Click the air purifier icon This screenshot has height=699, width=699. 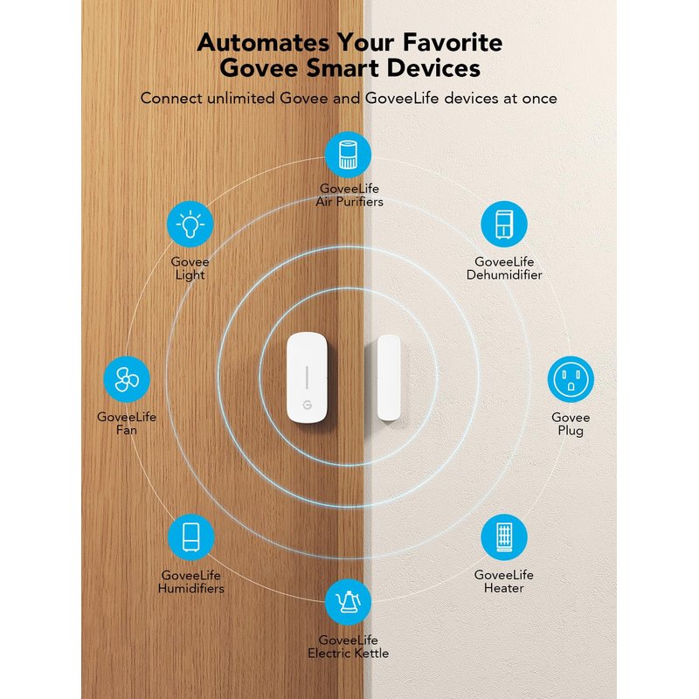pos(348,155)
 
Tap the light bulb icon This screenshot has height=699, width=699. pos(190,224)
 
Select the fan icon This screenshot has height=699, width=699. pos(127,379)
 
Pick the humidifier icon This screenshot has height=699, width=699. pos(190,536)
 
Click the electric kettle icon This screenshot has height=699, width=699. pos(348,602)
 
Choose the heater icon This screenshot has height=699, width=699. pos(504,536)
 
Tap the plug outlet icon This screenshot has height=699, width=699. pos(571,379)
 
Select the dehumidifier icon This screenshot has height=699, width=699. pos(504,224)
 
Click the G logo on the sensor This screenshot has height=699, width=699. pos(308,405)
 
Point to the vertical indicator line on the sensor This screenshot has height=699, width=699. pos(308,377)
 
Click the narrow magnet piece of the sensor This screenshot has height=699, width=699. pos(389,377)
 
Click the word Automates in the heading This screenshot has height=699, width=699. pos(264,43)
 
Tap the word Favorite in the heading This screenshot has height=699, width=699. pos(453,43)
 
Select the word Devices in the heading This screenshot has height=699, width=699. pos(433,68)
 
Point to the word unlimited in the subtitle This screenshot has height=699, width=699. pos(241,98)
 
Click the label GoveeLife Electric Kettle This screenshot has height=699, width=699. pos(348,647)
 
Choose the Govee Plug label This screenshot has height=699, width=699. pos(571,424)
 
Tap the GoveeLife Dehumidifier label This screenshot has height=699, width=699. pos(504,268)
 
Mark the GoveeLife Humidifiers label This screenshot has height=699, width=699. pos(190,581)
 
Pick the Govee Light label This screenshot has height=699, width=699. pos(190,268)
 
